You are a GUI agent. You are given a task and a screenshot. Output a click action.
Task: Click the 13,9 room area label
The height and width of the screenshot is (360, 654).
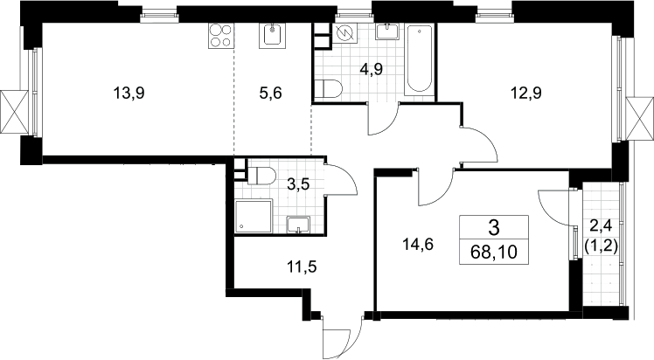pos(129,93)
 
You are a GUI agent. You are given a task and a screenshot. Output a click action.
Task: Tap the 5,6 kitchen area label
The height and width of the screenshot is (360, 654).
pos(270,93)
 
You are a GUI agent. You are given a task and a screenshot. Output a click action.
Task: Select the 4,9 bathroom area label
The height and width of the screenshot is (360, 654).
pos(372,69)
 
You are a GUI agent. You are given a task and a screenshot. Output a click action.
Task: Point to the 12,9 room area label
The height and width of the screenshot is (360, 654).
pos(526,93)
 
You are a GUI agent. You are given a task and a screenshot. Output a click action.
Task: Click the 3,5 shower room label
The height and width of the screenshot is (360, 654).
pos(299,183)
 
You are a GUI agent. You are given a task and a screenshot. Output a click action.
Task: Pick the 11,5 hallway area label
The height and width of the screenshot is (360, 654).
pos(302,267)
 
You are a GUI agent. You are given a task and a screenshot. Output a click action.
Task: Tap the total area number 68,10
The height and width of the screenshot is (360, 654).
pos(494,252)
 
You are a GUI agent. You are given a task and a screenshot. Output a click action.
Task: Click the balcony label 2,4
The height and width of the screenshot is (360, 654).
pos(601,227)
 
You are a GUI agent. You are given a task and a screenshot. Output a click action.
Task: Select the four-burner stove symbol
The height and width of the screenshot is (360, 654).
pos(220,36)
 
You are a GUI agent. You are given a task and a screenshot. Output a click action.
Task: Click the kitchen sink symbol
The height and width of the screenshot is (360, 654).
pos(273,36)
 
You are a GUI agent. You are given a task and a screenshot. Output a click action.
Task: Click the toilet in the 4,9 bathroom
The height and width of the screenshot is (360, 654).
pos(328,89)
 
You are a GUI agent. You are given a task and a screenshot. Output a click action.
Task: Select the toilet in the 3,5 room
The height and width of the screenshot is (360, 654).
pos(261,176)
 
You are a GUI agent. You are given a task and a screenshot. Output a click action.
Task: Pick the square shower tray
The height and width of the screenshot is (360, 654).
pos(254,217)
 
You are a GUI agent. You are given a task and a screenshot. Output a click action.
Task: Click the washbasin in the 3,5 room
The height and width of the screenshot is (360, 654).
pos(298,225)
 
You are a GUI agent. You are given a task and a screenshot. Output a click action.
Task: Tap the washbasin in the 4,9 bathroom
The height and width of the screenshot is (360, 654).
pos(388,31)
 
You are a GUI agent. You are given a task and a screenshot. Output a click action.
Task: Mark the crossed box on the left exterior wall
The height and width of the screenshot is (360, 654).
pos(15,112)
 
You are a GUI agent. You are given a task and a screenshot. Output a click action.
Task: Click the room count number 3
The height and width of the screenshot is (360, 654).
pos(494,227)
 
